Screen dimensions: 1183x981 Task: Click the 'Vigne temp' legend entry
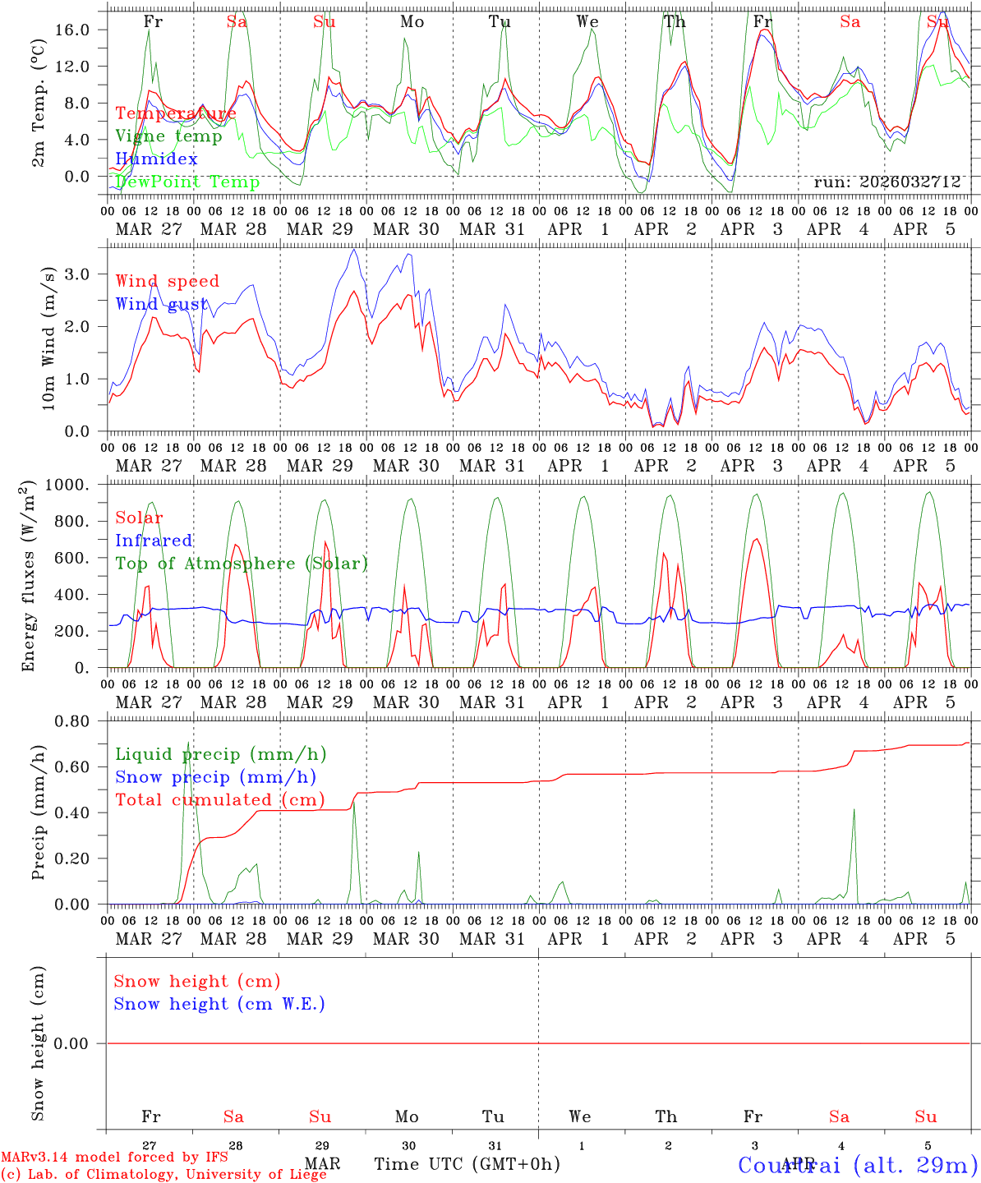168,136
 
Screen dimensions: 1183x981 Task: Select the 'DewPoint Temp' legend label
187,182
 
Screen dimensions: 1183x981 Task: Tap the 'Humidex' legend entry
156,159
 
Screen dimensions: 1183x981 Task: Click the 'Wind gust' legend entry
162,305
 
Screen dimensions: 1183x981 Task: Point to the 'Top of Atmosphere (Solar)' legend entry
242,564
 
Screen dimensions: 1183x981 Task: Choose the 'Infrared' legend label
154,541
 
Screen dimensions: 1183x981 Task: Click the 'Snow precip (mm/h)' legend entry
215,777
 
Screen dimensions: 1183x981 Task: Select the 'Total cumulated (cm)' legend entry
219,800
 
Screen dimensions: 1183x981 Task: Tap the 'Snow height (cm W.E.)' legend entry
219,1004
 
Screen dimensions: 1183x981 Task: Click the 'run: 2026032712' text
887,182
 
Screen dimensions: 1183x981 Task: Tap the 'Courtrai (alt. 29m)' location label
858,1164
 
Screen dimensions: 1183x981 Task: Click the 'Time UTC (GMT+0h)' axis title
467,1164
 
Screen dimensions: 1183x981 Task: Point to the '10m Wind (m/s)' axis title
48,338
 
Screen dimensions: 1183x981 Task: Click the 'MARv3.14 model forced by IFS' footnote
114,1158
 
